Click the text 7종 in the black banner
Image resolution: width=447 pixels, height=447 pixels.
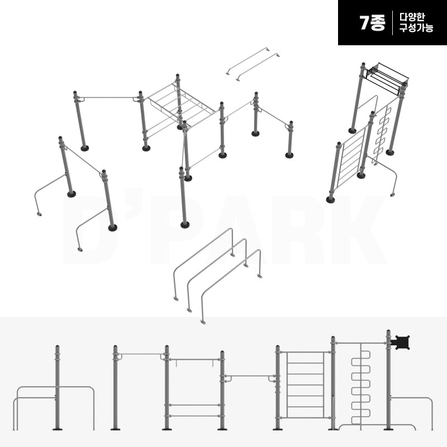372,22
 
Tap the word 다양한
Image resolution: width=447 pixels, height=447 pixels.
412,17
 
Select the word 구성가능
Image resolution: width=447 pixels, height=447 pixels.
416,28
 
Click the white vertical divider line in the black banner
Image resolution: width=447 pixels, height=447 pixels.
393,23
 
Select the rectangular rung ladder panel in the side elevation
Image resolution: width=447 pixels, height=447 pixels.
305,385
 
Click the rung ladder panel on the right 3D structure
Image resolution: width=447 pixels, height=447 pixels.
351,158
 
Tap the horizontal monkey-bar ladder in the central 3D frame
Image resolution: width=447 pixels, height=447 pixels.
180,103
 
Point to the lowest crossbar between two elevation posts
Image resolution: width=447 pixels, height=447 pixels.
194,416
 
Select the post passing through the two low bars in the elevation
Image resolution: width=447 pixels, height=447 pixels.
58,388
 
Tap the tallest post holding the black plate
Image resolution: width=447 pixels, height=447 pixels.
388,380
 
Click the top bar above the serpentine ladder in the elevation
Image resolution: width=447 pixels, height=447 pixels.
361,343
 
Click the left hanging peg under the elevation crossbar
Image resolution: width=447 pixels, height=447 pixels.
177,363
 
